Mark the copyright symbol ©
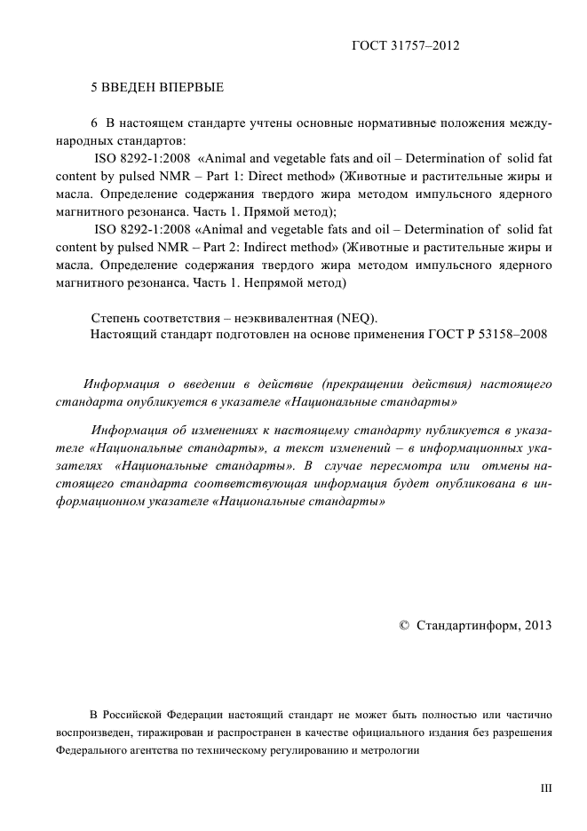click(x=405, y=625)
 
